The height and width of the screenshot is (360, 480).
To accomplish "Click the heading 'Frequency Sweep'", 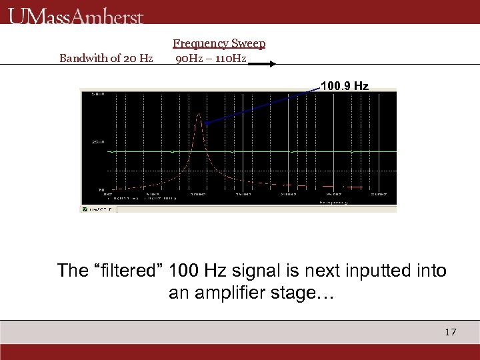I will click(219, 43).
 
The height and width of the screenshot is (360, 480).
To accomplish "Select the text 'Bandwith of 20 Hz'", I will click(106, 58).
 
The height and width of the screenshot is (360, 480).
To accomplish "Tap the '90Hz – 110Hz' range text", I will click(211, 58).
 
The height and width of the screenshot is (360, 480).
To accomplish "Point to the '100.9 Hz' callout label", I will click(344, 86).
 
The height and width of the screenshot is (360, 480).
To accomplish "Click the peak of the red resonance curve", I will click(198, 115).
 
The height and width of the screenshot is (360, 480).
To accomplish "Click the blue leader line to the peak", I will click(260, 105).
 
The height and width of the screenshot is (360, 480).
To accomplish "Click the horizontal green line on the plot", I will click(267, 152).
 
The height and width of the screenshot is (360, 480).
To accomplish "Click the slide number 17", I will click(451, 332).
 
